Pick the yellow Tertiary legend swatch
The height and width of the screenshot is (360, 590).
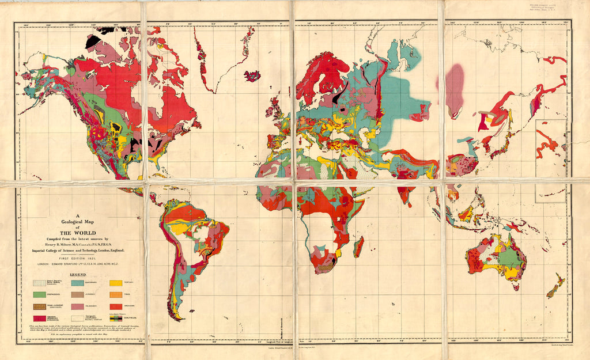[x=115, y=283]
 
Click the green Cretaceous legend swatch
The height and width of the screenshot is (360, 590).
[x=39, y=295]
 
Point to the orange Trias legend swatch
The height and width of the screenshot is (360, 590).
[x=115, y=295]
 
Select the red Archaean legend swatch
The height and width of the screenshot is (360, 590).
[x=115, y=306]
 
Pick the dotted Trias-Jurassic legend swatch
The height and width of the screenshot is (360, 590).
[x=39, y=306]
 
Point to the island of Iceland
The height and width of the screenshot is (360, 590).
[x=252, y=75]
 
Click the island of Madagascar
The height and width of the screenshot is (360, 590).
[x=358, y=246]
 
